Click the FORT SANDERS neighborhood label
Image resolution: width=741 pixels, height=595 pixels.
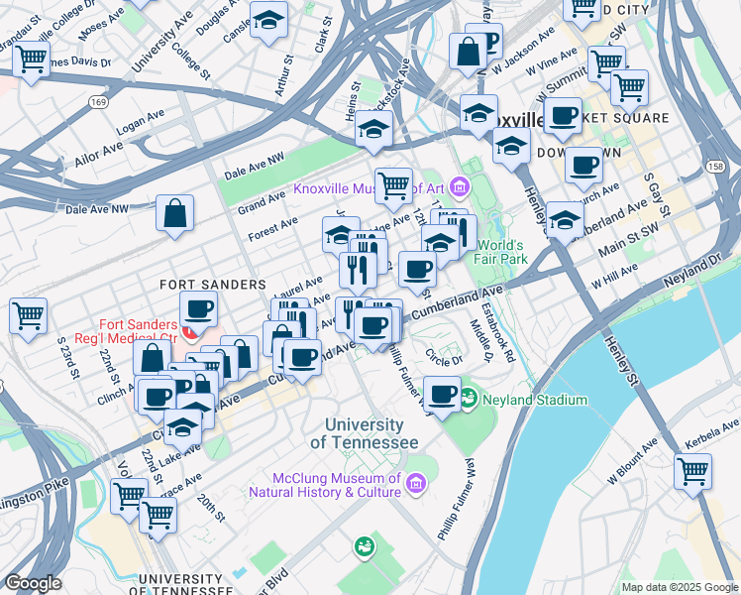point(213,285)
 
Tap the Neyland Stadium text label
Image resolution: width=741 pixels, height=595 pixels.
point(535,401)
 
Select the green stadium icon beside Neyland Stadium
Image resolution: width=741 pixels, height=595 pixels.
point(469,401)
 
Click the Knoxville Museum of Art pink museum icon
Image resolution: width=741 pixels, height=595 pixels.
point(459,185)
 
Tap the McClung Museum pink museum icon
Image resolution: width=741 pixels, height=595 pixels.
point(415,483)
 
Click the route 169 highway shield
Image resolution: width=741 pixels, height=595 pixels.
point(97,101)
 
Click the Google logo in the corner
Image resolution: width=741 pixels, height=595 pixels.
point(33,583)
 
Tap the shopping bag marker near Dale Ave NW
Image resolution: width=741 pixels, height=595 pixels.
point(174,213)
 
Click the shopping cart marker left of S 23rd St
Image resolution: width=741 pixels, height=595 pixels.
point(29,316)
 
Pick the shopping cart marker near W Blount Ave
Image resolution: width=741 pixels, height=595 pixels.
point(692,471)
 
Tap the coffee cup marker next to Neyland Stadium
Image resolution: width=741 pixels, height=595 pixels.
point(443,395)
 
